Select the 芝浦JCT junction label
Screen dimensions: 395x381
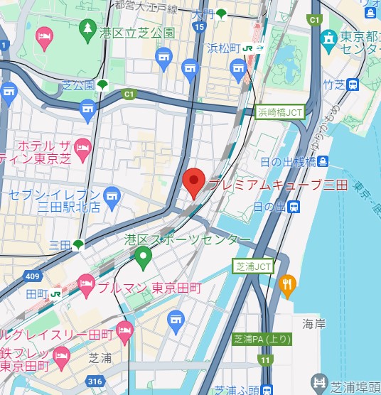coord(254,266)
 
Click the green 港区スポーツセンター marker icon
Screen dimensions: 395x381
coord(144,256)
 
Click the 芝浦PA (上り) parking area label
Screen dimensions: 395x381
coord(262,340)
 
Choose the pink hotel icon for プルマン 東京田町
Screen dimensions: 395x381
coord(86,286)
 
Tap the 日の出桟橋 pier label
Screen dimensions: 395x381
coord(287,162)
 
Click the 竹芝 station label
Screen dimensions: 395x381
coord(333,85)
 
